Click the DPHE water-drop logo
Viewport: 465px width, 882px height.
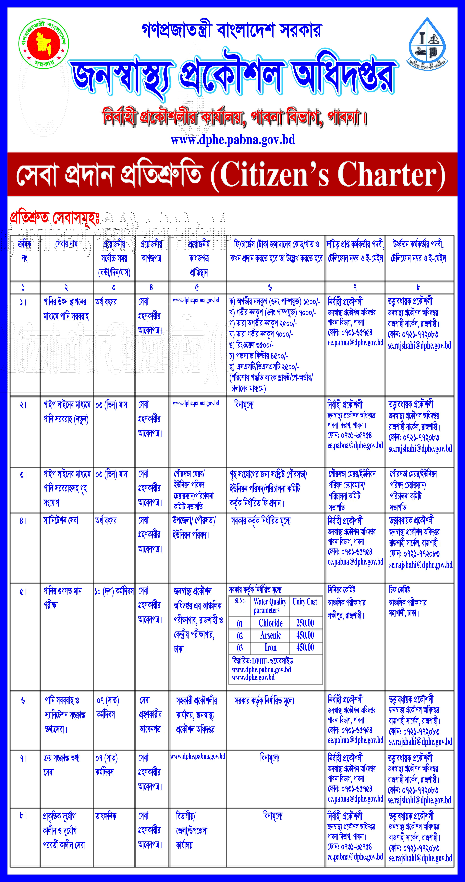(x=428, y=42)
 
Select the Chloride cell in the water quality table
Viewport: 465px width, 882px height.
(x=271, y=623)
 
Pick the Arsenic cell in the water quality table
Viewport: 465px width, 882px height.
(x=271, y=635)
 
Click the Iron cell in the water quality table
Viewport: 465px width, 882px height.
(x=271, y=647)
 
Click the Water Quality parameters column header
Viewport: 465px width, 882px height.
(x=270, y=606)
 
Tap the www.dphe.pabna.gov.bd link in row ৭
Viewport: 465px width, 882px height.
(x=198, y=756)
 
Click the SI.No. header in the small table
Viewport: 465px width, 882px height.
(x=240, y=601)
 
